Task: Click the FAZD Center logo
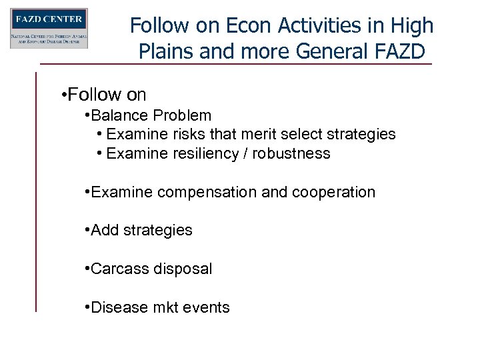49,29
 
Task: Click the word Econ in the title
242,25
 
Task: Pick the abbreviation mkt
163,308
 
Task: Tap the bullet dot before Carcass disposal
87,269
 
